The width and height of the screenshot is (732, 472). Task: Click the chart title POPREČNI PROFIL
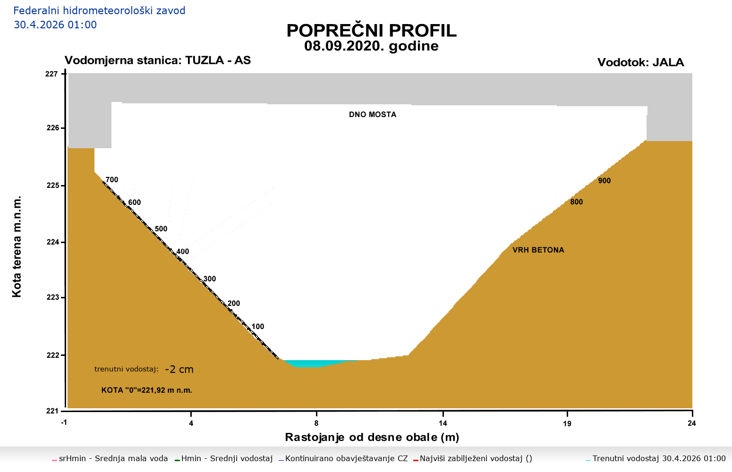pos(371,31)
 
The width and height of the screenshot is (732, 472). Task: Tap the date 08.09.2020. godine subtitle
pos(371,46)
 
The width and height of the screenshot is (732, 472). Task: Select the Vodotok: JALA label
pos(640,62)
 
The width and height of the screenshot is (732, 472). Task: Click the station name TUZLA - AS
pos(218,60)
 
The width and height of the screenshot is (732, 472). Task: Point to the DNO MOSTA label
pos(373,115)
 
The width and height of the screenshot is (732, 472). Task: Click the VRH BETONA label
pos(538,250)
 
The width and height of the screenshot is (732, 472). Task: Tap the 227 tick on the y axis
pos(52,74)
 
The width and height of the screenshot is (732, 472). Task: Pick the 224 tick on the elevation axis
pos(52,242)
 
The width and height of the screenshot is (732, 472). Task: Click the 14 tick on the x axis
pos(443,423)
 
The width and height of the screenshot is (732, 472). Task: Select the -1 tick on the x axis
pos(64,423)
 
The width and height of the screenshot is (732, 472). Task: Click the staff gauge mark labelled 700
pos(112,180)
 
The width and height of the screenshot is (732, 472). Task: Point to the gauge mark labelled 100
pos(258,327)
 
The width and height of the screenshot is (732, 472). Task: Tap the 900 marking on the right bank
pos(604,181)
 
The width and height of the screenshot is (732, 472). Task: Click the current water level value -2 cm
pos(179,370)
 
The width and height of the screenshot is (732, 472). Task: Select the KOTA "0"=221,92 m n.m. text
pos(147,390)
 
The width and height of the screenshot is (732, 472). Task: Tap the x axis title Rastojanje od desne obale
pos(372,438)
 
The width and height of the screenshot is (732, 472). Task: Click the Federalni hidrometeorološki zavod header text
pos(100,10)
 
